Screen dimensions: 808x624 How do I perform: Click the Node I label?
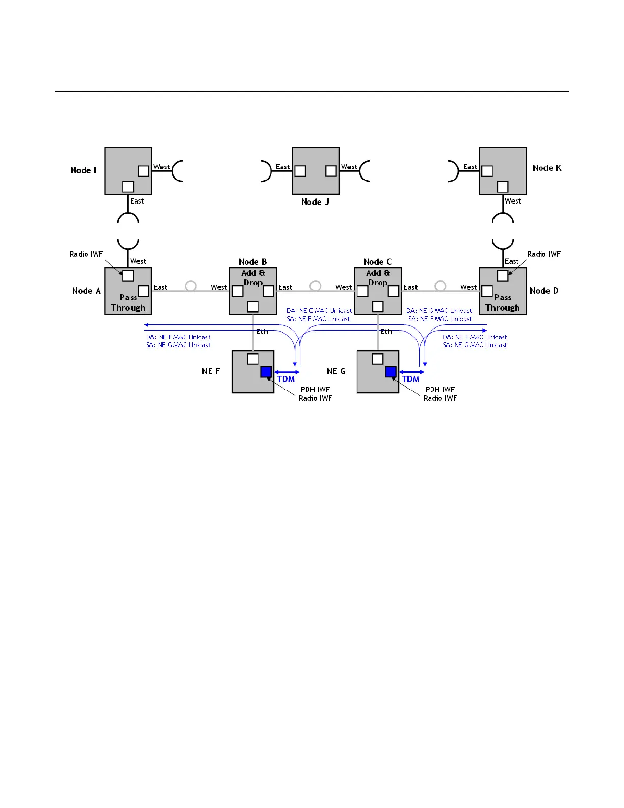[x=84, y=170]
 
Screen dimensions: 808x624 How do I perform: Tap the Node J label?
[x=315, y=202]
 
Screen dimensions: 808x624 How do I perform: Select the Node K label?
[x=547, y=168]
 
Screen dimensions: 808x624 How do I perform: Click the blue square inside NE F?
[x=266, y=372]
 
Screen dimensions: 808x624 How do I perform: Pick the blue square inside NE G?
[x=391, y=372]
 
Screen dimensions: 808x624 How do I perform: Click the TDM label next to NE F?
[x=286, y=379]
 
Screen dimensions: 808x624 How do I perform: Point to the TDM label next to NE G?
[x=410, y=379]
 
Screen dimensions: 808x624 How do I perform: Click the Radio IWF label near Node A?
[x=86, y=254]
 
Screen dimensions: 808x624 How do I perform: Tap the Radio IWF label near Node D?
[x=544, y=254]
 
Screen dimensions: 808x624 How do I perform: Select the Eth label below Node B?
[x=262, y=332]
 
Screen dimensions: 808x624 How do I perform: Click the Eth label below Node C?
[x=386, y=332]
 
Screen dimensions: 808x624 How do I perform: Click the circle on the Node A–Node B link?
[x=191, y=286]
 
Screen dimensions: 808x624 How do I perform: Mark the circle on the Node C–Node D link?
[x=440, y=286]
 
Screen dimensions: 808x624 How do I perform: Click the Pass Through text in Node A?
[x=128, y=302]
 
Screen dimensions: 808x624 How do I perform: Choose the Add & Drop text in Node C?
[x=378, y=277]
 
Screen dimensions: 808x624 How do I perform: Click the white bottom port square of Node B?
[x=253, y=307]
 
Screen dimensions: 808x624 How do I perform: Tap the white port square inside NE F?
[x=253, y=359]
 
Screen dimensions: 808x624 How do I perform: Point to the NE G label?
[x=336, y=371]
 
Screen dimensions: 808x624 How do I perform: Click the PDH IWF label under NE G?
[x=440, y=389]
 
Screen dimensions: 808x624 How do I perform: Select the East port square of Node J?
[x=300, y=171]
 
